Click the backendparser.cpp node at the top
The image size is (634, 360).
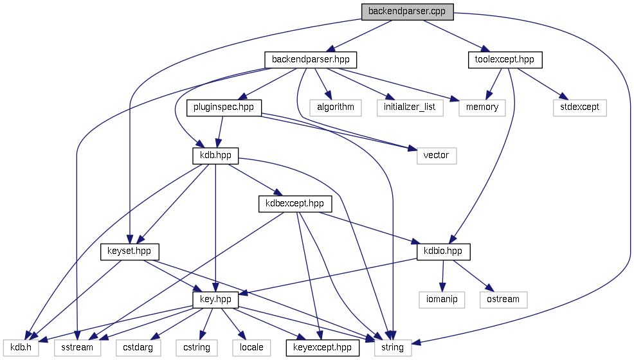[407, 12]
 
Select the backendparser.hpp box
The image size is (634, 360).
[311, 60]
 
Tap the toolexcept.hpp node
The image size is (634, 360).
[505, 60]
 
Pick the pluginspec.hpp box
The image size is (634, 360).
[224, 107]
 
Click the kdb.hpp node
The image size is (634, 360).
[215, 155]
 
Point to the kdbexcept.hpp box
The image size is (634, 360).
[295, 204]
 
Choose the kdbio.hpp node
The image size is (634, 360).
[444, 251]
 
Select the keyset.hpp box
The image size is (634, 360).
[130, 251]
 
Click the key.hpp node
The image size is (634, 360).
[215, 299]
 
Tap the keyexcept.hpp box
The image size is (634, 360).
[322, 347]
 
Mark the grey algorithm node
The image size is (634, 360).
[335, 107]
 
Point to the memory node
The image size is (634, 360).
[482, 107]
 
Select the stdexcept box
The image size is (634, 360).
[579, 107]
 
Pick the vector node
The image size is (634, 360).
[436, 155]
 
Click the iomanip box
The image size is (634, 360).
[442, 299]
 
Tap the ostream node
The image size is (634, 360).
[503, 299]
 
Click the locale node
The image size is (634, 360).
[251, 347]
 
